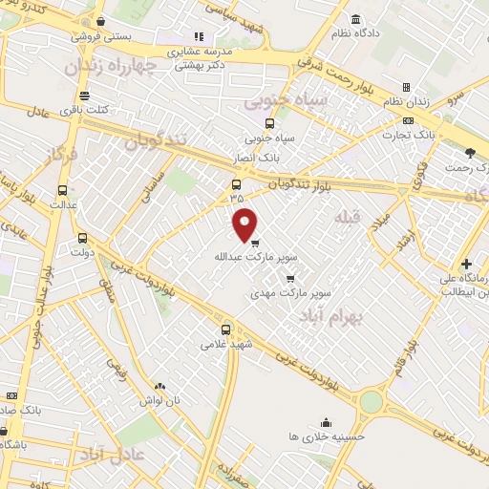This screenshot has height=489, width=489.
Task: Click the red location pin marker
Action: tap(245, 223)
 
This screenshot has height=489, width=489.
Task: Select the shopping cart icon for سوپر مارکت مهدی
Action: tap(290, 278)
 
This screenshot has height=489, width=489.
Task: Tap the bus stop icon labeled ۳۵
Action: tap(237, 184)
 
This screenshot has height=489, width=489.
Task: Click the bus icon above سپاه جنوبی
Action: tap(269, 123)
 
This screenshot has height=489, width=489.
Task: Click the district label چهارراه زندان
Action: tap(107, 68)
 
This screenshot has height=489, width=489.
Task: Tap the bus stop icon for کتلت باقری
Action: tap(86, 96)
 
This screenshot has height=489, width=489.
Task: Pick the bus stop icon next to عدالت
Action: tap(63, 190)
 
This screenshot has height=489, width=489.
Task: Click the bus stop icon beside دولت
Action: tap(82, 239)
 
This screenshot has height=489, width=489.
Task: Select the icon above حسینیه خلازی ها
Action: tap(327, 421)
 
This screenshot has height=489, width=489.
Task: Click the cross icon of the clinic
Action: tap(466, 264)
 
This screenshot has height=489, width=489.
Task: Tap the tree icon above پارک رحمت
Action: tap(469, 153)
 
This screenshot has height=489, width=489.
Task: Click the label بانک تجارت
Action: tap(443, 135)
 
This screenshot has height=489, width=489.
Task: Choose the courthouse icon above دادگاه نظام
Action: tap(356, 20)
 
